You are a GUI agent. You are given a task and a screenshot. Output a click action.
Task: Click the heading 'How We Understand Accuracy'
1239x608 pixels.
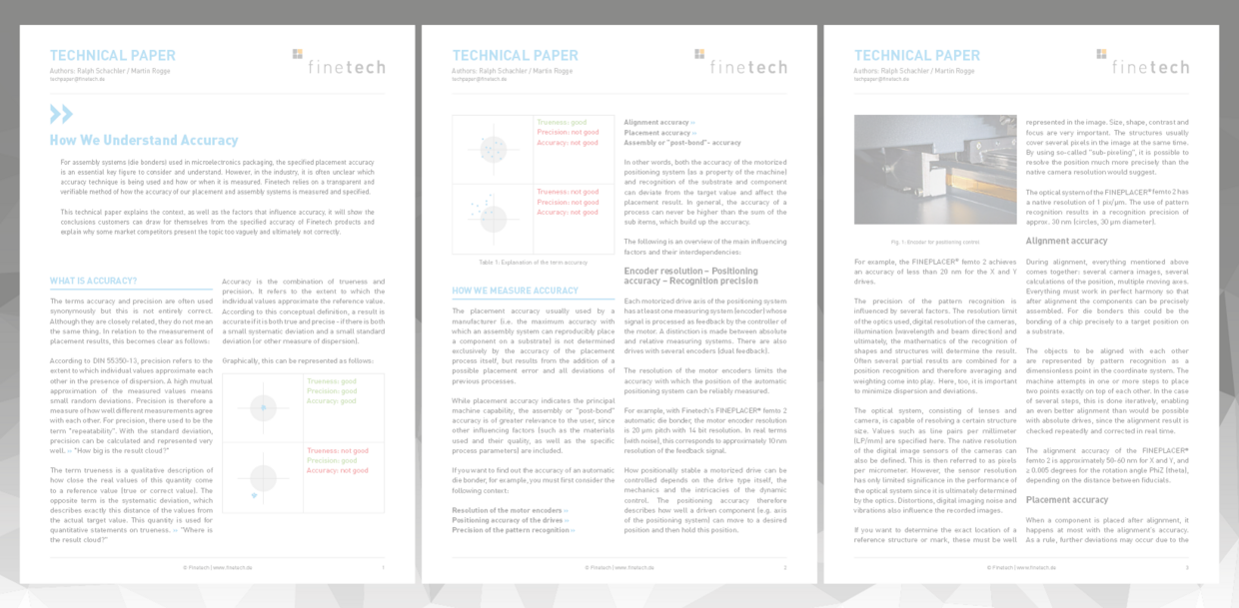tap(144, 141)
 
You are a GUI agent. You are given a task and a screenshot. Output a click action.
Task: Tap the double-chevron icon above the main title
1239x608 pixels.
tap(61, 114)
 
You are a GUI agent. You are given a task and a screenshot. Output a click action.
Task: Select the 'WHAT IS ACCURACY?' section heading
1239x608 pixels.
tap(94, 281)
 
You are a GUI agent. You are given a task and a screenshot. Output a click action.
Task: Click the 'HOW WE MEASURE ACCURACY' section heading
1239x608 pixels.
tap(515, 291)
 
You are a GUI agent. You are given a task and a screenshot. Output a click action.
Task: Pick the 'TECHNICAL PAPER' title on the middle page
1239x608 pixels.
tap(514, 56)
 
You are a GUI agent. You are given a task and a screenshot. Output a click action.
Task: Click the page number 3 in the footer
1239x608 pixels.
tap(1187, 567)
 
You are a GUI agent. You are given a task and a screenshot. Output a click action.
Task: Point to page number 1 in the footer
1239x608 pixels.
tap(383, 567)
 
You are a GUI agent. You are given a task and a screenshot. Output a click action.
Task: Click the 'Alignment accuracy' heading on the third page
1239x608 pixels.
tap(1066, 241)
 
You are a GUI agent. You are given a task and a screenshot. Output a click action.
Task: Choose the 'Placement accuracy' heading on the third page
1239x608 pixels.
tap(1067, 499)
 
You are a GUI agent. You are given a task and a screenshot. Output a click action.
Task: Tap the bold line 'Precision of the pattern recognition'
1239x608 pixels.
tap(513, 530)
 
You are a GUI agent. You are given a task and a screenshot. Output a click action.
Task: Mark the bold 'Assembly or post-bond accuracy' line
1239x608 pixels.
tap(682, 142)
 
